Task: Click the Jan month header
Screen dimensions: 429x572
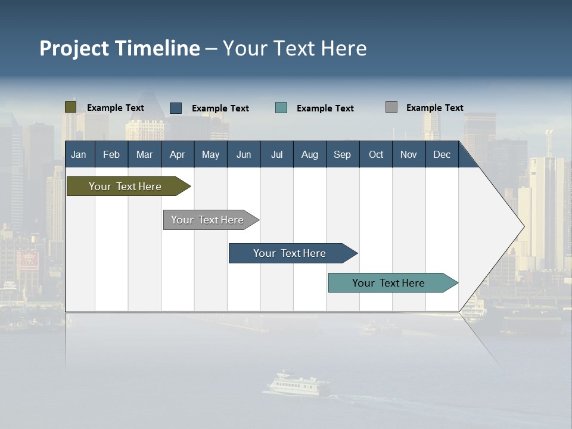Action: (x=79, y=154)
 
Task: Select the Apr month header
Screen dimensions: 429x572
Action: (x=177, y=154)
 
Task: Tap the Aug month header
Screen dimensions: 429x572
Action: (x=309, y=154)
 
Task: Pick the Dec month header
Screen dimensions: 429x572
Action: (x=442, y=154)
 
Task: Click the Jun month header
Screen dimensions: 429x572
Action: (x=243, y=154)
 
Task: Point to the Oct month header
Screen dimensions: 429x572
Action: (x=375, y=154)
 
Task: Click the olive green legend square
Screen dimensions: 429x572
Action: (x=70, y=107)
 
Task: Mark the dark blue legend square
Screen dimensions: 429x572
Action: (x=176, y=108)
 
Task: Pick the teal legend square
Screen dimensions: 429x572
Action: (x=281, y=108)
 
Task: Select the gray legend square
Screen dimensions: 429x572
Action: (x=391, y=107)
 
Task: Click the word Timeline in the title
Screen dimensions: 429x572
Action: (x=157, y=48)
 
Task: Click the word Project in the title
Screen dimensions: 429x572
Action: (x=74, y=48)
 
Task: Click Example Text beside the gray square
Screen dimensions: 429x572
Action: (x=434, y=107)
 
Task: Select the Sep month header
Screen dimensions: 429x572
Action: (x=342, y=154)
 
